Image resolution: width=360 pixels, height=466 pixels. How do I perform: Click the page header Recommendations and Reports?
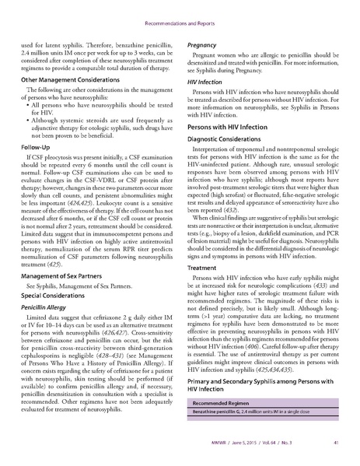tap(180, 13)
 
